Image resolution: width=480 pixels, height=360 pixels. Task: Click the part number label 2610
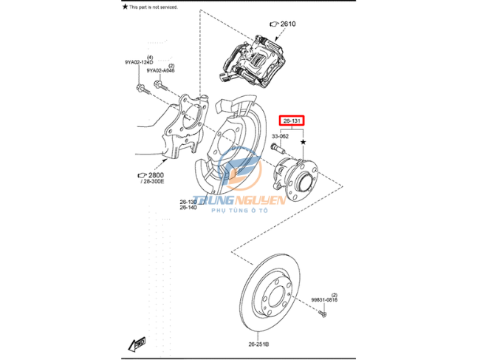(x=288, y=24)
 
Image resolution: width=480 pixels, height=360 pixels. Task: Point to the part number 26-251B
(x=258, y=344)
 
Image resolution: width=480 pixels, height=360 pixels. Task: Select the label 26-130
(x=188, y=202)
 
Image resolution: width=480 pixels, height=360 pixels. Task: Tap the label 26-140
(x=188, y=208)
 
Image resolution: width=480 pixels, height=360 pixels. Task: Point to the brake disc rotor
(x=268, y=296)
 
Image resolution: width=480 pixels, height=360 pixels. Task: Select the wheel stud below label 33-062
(x=276, y=150)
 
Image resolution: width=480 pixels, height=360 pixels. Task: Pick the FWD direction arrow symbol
(x=137, y=344)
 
